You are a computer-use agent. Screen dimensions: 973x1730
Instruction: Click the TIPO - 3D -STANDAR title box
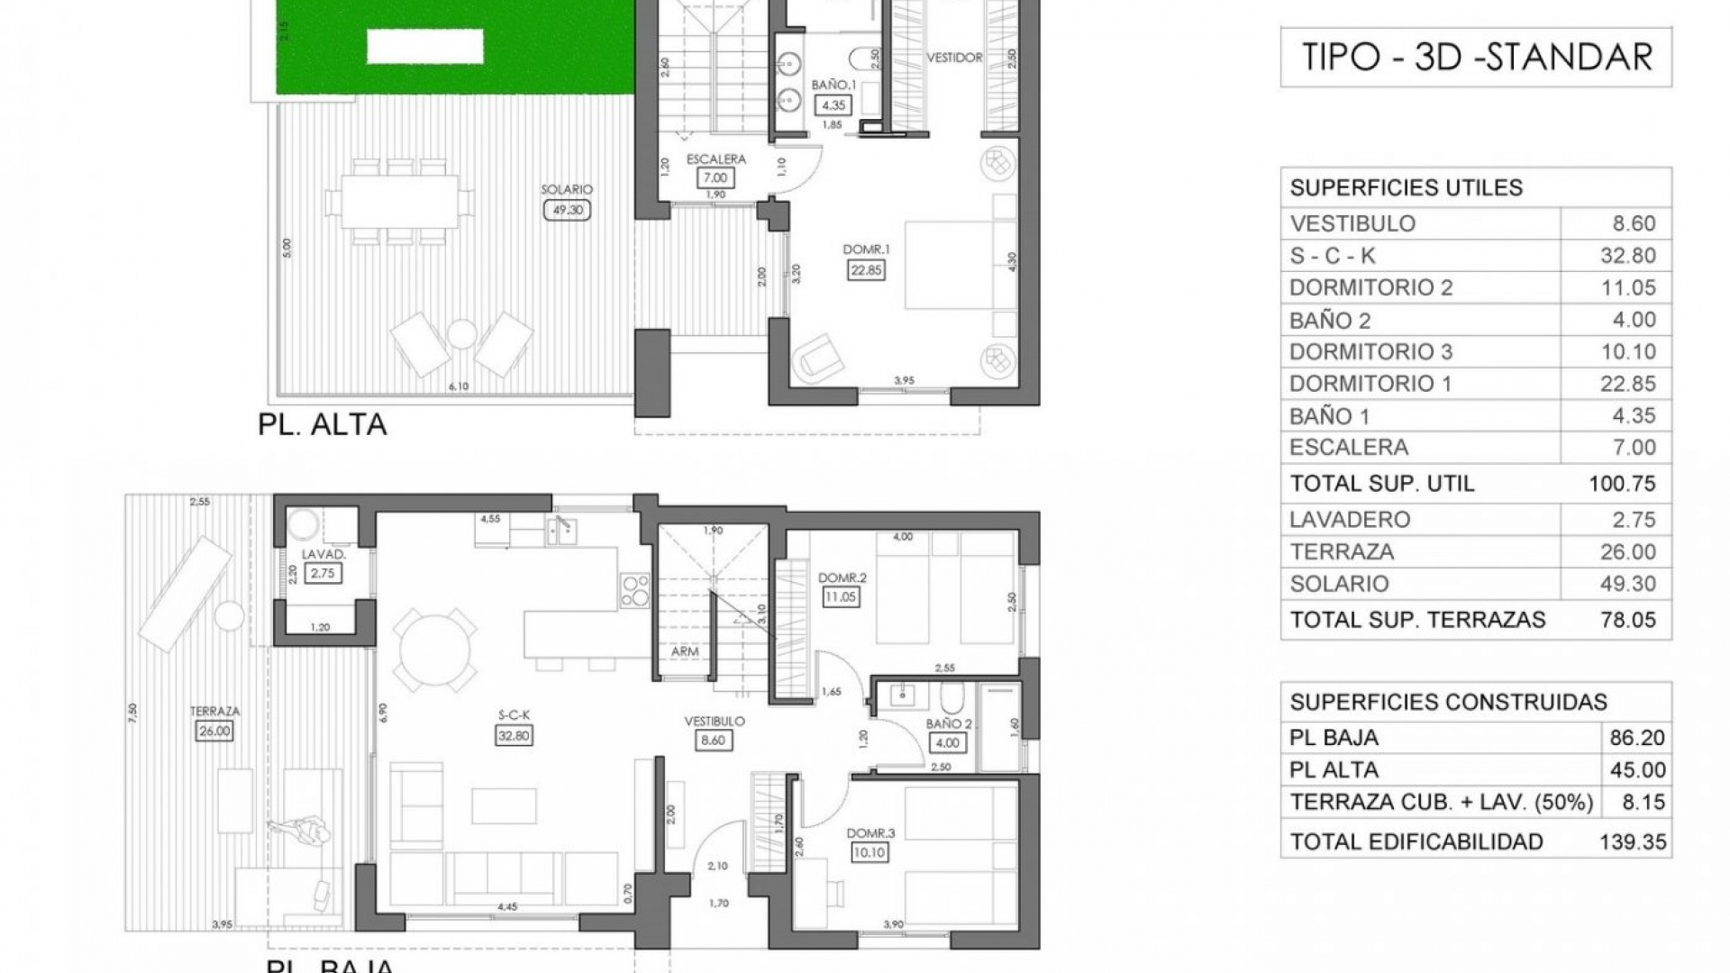1476,58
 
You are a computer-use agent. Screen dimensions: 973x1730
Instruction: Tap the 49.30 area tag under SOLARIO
568,210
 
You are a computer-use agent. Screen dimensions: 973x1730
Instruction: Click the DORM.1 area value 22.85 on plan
865,268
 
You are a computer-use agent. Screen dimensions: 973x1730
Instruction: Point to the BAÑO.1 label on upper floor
833,85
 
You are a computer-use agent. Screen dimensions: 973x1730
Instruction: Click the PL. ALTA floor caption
322,423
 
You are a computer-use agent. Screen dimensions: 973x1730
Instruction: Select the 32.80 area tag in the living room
514,735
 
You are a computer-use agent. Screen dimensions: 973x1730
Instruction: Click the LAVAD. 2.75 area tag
323,572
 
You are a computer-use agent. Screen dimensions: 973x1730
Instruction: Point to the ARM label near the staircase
685,651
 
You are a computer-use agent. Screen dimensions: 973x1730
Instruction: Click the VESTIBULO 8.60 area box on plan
713,741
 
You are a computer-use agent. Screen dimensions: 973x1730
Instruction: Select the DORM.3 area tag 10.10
870,851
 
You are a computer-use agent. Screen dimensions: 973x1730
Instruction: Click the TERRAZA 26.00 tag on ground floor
214,731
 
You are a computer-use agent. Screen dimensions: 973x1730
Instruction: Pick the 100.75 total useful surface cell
1622,484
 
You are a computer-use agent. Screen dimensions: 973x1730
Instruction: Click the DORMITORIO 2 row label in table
1370,287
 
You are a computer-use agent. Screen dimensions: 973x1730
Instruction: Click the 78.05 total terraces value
1627,620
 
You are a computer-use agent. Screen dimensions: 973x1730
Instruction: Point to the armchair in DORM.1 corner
815,356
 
